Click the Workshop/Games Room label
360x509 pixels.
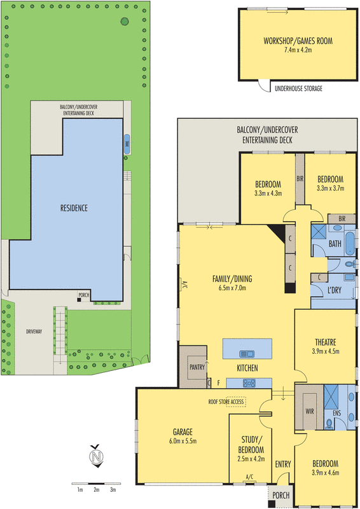click(298, 41)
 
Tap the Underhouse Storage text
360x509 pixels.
click(298, 88)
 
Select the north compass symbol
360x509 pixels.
click(96, 456)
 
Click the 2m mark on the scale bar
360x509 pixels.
click(97, 489)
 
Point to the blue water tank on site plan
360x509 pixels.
click(127, 144)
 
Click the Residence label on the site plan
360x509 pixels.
click(74, 208)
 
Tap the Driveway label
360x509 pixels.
click(34, 331)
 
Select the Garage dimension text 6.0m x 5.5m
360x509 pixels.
click(183, 441)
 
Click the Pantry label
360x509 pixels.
click(197, 367)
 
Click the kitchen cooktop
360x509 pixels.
click(249, 384)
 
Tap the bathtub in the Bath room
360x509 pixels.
click(350, 244)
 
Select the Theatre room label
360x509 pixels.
click(326, 342)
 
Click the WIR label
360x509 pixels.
click(310, 411)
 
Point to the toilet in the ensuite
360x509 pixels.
click(329, 424)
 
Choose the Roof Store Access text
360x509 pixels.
click(226, 402)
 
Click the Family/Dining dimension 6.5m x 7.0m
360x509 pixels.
click(232, 288)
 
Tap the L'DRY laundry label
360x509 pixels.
click(335, 290)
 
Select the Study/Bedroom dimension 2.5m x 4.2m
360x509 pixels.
click(251, 459)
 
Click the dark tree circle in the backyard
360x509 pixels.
click(125, 22)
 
